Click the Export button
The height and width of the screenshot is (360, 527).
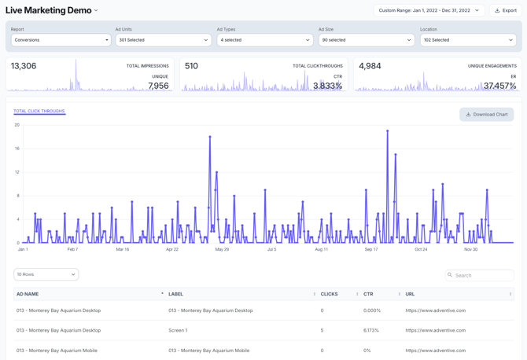point(507,10)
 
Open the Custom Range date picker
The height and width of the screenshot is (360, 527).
point(429,10)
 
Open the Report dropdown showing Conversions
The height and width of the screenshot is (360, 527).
point(61,39)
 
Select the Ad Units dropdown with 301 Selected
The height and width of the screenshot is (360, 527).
point(163,39)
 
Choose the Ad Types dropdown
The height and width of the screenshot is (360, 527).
point(264,39)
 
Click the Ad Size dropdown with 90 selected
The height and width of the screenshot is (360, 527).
point(366,39)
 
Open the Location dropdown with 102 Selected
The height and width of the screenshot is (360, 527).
point(467,39)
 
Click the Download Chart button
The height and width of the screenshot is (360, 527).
point(486,115)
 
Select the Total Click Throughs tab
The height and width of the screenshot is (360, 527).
point(39,112)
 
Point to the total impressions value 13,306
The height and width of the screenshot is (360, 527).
point(24,66)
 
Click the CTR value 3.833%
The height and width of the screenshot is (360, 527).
point(327,86)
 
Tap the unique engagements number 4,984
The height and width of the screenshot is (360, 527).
point(370,66)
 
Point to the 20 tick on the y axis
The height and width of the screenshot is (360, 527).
point(17,125)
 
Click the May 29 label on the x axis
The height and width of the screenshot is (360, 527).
point(222,249)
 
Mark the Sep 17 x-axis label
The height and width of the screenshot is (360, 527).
point(371,249)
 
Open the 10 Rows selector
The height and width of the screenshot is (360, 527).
point(46,274)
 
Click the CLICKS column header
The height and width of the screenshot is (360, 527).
point(330,294)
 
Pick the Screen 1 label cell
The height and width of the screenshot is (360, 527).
point(178,330)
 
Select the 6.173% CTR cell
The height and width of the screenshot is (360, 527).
point(371,330)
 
